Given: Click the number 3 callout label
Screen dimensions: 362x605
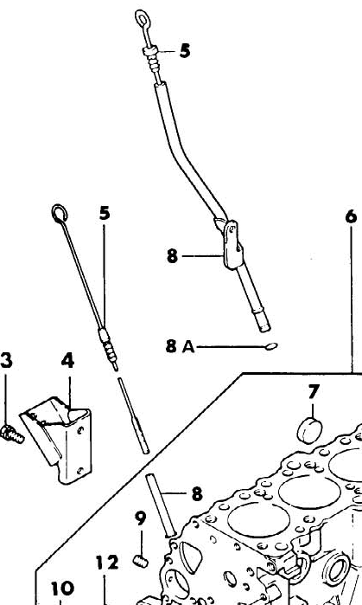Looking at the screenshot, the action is click(6, 360).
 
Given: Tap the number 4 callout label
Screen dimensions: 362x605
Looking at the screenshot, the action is click(67, 360).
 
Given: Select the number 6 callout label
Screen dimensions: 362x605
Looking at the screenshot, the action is click(352, 216).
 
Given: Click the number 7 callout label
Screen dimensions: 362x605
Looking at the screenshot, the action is click(314, 391).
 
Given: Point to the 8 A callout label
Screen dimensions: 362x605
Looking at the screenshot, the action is click(181, 346).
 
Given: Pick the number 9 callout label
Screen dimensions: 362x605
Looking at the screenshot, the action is click(141, 518).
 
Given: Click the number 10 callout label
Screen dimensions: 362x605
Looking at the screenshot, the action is click(63, 589).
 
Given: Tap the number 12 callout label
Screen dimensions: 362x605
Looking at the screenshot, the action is click(107, 563).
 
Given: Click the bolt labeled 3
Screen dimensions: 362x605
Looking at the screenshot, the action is click(11, 434).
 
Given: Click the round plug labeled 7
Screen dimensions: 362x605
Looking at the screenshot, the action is click(309, 430).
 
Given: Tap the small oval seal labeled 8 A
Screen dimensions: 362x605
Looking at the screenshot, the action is click(271, 346).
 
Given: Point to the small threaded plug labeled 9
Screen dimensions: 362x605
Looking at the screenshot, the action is click(142, 561).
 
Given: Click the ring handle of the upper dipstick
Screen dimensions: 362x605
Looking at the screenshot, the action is click(142, 18).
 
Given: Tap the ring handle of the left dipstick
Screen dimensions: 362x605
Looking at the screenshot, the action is click(60, 213).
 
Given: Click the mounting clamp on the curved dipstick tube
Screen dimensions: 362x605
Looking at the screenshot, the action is click(232, 243).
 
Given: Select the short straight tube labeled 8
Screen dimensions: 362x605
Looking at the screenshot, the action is click(160, 505).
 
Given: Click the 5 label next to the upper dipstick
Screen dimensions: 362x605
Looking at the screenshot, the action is click(185, 50).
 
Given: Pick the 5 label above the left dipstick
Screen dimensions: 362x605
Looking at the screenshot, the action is click(105, 213).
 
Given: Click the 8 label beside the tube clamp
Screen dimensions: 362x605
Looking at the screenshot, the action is click(172, 255).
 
